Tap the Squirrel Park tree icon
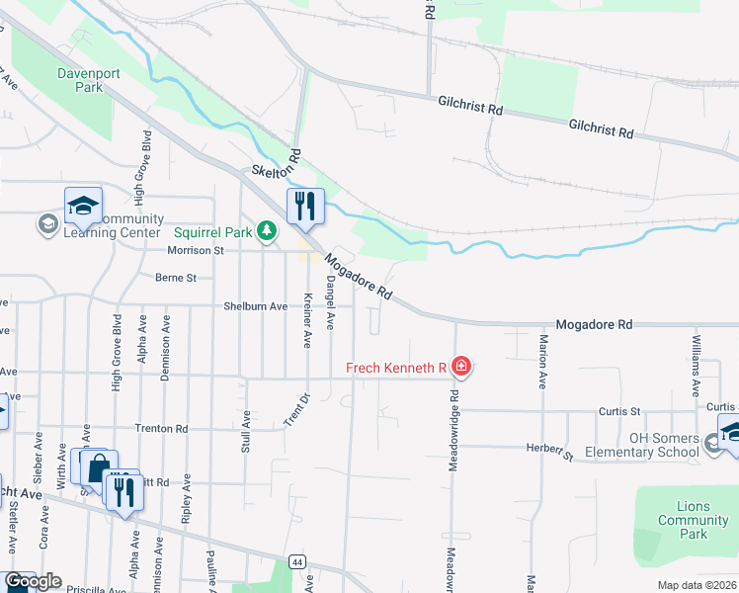click(265, 231)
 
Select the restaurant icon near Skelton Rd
click(305, 206)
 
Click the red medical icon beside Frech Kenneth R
click(460, 368)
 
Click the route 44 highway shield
click(296, 561)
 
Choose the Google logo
click(33, 581)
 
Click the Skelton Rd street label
click(277, 165)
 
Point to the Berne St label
click(177, 278)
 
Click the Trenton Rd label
click(162, 429)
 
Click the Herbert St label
click(555, 450)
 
